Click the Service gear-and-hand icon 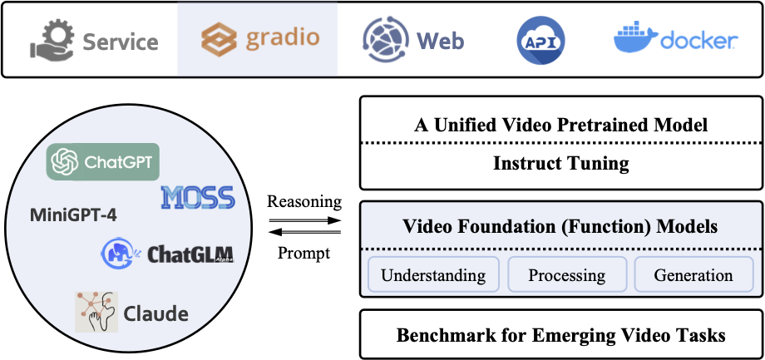tap(52, 40)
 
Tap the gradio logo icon tap(218, 40)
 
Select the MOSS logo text tap(199, 197)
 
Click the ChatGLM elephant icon tap(121, 253)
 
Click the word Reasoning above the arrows tap(304, 202)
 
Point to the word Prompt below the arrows tap(304, 252)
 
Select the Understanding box tap(433, 275)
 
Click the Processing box tap(566, 275)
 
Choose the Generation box tap(693, 275)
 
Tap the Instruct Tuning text tap(561, 163)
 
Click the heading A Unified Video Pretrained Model tap(561, 126)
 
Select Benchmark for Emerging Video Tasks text tap(561, 335)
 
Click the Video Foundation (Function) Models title tap(561, 226)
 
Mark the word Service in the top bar tap(120, 41)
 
